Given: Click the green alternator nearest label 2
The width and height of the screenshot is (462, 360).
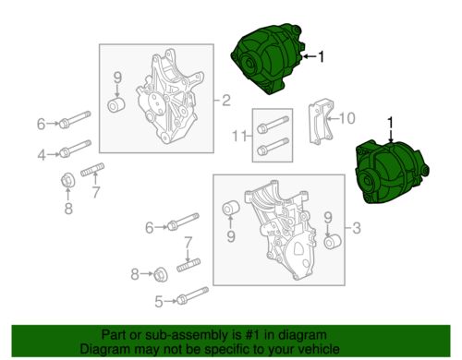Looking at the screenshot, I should [x=268, y=61].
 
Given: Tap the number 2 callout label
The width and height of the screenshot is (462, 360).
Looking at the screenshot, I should [x=224, y=98].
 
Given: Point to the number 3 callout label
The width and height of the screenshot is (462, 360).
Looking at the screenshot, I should [x=356, y=226].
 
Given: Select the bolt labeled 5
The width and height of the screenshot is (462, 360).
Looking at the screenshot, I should [x=192, y=300].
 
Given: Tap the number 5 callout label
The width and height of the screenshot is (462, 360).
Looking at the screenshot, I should [x=159, y=300].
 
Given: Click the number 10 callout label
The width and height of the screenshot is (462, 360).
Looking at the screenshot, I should [x=346, y=117].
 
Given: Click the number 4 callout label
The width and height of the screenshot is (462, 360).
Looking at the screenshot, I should [x=41, y=153].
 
